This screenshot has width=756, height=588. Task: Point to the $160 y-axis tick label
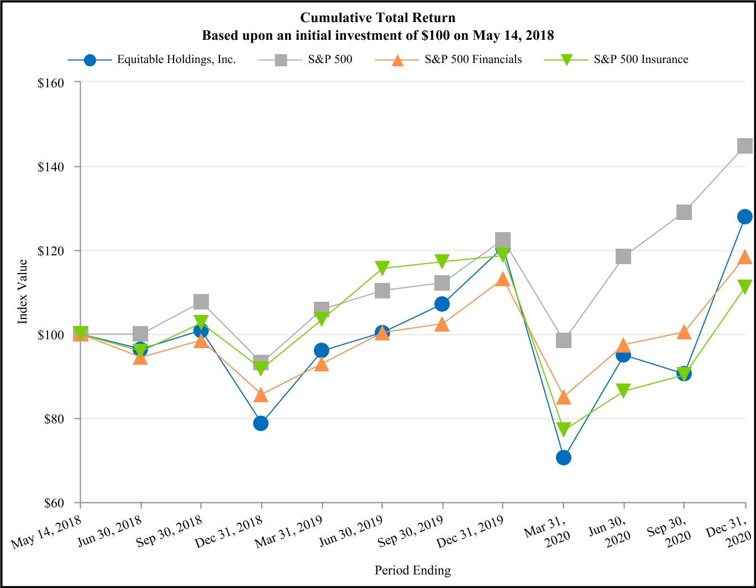pos(51,82)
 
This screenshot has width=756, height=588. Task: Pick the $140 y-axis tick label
pos(51,166)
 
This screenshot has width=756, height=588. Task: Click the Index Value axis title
pos(23,291)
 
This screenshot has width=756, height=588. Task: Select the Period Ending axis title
pos(412,570)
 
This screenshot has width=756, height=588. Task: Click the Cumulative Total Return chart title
pos(377,18)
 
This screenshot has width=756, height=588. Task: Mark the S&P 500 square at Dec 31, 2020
pos(744,146)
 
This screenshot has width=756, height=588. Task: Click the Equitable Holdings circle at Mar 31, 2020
pos(563,458)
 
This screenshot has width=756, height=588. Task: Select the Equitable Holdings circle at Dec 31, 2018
pos(261,423)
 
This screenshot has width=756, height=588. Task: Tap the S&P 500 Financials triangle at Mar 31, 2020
pos(563,397)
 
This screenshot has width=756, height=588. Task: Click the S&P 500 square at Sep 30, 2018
pos(201,302)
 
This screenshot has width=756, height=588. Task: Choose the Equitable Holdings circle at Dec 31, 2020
pos(744,217)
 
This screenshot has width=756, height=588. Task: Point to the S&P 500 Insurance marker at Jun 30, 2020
pos(623,391)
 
